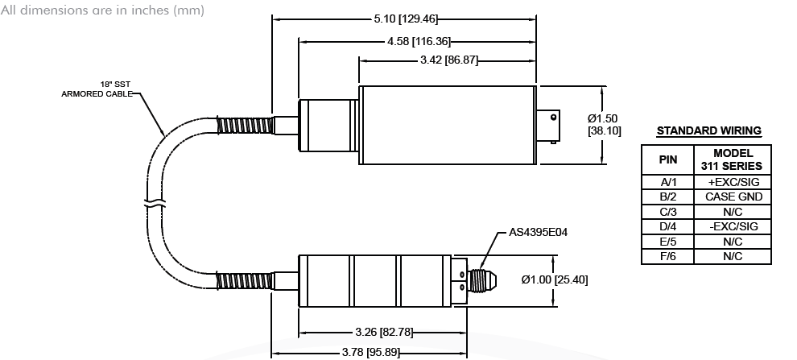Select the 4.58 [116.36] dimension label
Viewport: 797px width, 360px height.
pos(419,40)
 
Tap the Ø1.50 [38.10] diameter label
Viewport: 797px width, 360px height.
pos(603,125)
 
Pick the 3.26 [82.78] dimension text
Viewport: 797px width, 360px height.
pos(383,332)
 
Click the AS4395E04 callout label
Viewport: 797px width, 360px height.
pos(538,234)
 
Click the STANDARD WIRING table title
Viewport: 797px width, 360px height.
pos(708,130)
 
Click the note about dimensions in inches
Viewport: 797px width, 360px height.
pos(103,10)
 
